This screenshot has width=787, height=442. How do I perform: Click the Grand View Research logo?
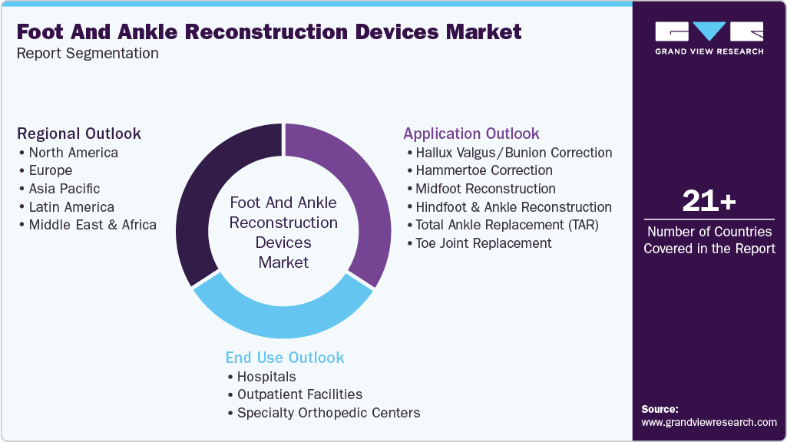[x=709, y=38]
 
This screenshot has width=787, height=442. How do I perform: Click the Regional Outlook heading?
[x=79, y=134]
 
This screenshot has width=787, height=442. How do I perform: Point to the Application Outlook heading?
[x=471, y=134]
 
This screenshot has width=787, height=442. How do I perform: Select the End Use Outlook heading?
[x=285, y=358]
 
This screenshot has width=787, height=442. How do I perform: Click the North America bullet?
[x=73, y=152]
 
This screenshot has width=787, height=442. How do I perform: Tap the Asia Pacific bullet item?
[x=64, y=189]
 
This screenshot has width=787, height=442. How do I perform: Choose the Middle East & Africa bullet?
[x=92, y=226]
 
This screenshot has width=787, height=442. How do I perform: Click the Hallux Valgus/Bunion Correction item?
[x=514, y=152]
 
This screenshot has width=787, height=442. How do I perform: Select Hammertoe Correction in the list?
[x=484, y=170]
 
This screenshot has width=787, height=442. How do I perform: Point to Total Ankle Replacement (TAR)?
[x=507, y=226]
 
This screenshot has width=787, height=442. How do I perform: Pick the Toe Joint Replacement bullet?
[x=483, y=243]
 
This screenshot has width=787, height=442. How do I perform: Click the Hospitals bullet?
[x=266, y=377]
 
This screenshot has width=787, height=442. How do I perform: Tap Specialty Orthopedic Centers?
[x=328, y=413]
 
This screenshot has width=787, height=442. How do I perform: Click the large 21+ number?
[x=709, y=202]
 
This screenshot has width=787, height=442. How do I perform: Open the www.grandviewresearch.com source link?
[x=709, y=423]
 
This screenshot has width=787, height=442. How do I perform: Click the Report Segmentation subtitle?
[x=88, y=54]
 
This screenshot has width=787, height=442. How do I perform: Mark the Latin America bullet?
[x=71, y=207]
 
